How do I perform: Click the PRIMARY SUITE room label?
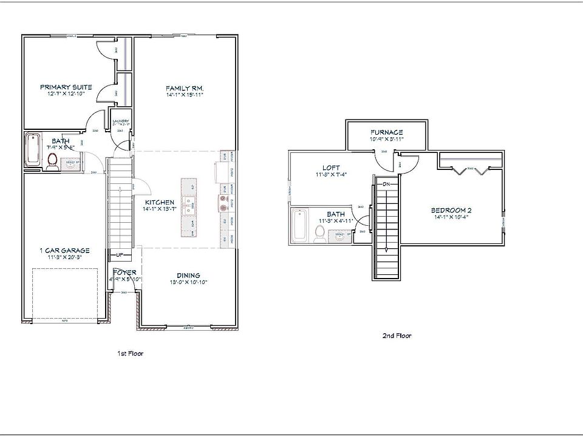(x=66, y=87)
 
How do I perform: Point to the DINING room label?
(x=188, y=275)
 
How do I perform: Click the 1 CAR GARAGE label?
(x=64, y=250)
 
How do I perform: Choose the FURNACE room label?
(x=387, y=132)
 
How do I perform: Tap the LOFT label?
(x=331, y=168)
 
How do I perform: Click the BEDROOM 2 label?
(x=451, y=211)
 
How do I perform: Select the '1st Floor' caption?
(x=130, y=353)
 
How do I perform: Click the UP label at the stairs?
(x=120, y=255)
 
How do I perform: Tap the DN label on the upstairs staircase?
(x=386, y=183)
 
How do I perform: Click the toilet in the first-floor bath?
(x=52, y=160)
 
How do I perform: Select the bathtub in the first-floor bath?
(x=33, y=149)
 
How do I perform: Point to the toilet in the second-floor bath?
(x=319, y=232)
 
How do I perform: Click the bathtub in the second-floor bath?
(x=299, y=226)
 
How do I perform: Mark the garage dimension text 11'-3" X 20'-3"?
(x=64, y=257)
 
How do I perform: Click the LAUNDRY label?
(x=121, y=121)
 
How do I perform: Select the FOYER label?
(x=125, y=273)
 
